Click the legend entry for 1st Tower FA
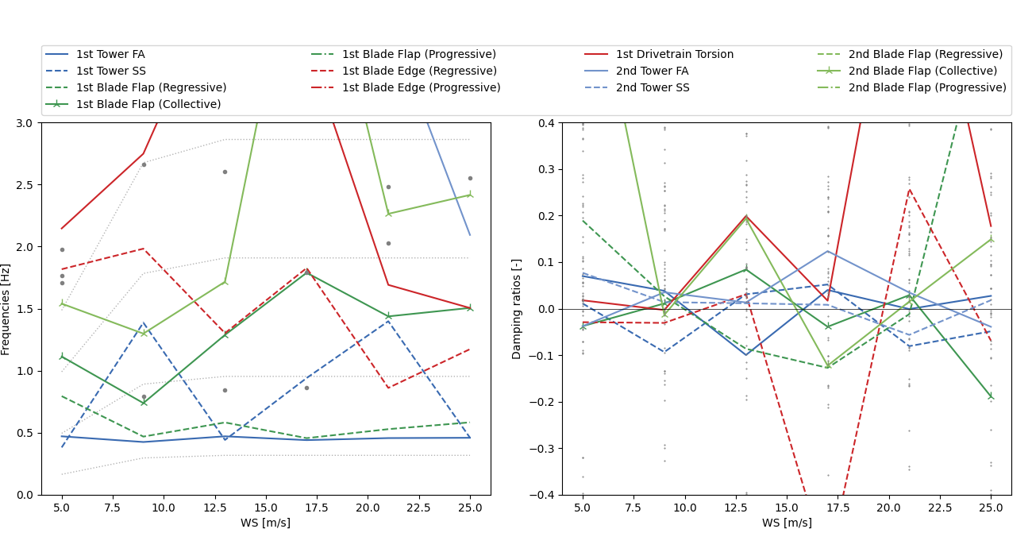pos(110,55)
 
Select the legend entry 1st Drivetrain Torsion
pos(675,55)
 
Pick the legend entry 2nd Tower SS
pos(653,88)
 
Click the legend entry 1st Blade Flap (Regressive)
pos(151,88)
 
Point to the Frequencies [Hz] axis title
pos(6,309)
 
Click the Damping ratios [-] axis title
pos(518,309)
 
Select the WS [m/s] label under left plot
pos(265,523)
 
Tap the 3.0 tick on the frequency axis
pos(25,123)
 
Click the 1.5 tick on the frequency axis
pos(25,309)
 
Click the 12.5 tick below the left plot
pos(214,507)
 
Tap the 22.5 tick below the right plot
pos(940,507)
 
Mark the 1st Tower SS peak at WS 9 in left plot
pos(143,322)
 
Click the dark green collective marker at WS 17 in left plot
pos(306,272)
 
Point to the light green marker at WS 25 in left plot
pos(470,195)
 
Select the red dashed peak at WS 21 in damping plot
pos(909,189)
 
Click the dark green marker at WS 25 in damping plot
pos(991,396)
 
